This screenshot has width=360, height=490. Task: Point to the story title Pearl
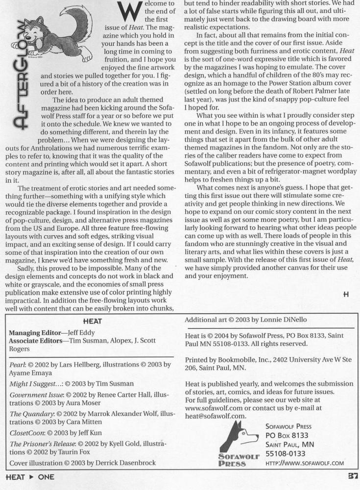[x=19, y=364]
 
